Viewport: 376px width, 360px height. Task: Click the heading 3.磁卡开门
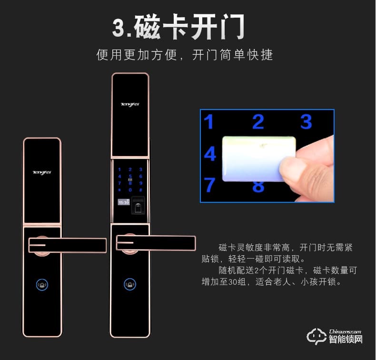tap(179, 28)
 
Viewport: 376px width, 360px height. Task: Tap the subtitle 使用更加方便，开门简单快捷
tap(185, 55)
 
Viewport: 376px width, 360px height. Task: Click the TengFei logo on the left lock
tap(42, 172)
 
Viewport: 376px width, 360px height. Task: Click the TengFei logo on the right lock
tap(129, 103)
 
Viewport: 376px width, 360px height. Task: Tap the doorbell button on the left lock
tap(42, 286)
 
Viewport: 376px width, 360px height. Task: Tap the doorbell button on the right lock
tap(129, 284)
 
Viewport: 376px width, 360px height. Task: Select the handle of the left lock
tap(67, 245)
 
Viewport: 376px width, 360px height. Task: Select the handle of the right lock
tap(157, 243)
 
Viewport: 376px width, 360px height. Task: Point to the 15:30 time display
tap(123, 202)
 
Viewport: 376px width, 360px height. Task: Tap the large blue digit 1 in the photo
tap(209, 122)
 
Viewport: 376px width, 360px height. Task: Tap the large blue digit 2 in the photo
tap(258, 122)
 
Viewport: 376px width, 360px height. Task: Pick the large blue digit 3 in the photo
tap(306, 122)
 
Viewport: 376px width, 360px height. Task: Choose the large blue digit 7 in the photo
tap(210, 185)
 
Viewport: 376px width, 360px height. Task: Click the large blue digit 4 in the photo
tap(210, 154)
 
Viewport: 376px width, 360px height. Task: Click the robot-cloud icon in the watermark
tap(316, 336)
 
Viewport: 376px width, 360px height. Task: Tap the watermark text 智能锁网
tap(346, 340)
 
